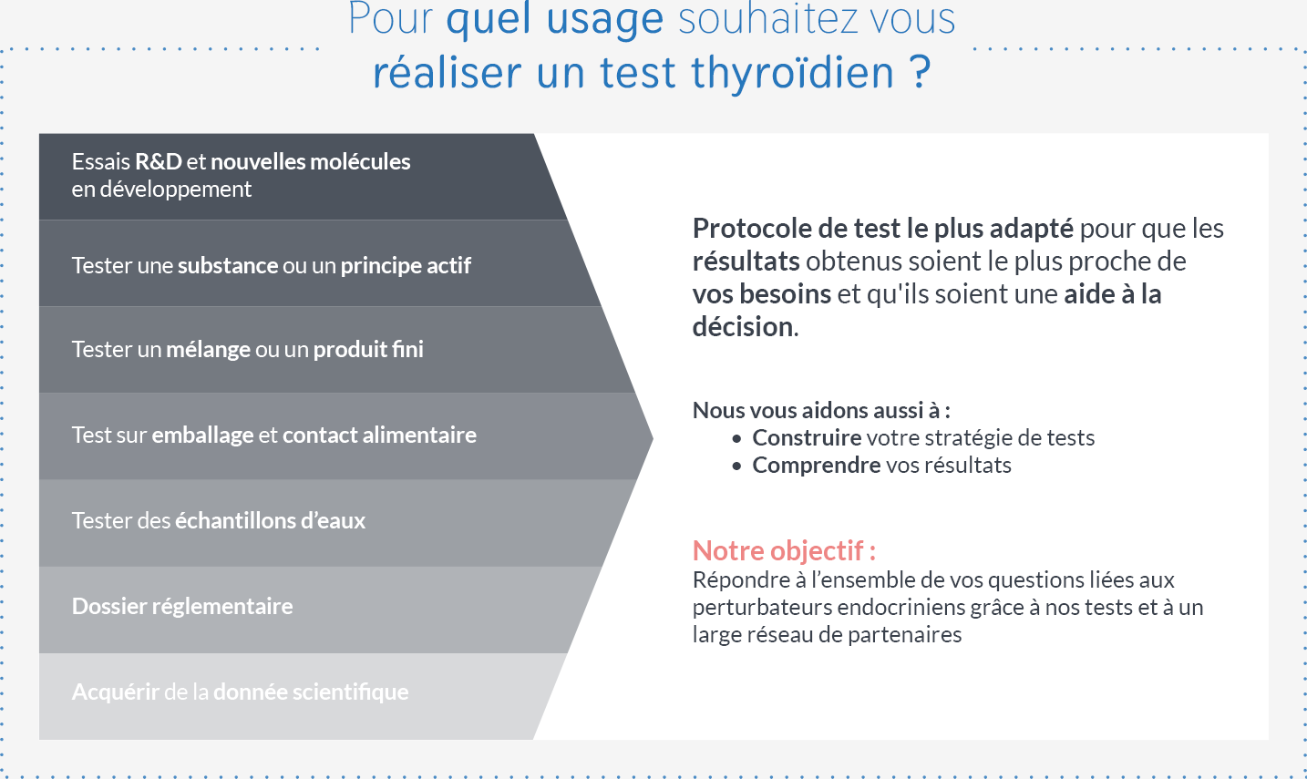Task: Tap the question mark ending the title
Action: pyautogui.click(x=920, y=72)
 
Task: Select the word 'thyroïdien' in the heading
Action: pyautogui.click(x=792, y=74)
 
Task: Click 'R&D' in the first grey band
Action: pyautogui.click(x=158, y=161)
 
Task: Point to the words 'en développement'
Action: pyautogui.click(x=161, y=189)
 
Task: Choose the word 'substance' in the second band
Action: pyautogui.click(x=228, y=265)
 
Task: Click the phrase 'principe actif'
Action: pyautogui.click(x=406, y=266)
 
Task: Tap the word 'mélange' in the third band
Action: pyautogui.click(x=209, y=349)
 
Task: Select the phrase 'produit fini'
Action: pyautogui.click(x=368, y=349)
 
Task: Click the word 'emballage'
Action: pyautogui.click(x=202, y=435)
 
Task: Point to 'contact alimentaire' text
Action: pyautogui.click(x=379, y=435)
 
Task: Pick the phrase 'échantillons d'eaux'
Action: pyautogui.click(x=270, y=520)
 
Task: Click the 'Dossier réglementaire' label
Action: pyautogui.click(x=182, y=607)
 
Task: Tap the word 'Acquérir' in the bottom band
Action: pyautogui.click(x=116, y=692)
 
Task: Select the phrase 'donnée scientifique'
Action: pyautogui.click(x=311, y=692)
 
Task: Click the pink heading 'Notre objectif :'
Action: pyautogui.click(x=784, y=550)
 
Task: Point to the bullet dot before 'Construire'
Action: pyautogui.click(x=736, y=438)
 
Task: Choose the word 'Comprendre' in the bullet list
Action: pyautogui.click(x=817, y=466)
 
